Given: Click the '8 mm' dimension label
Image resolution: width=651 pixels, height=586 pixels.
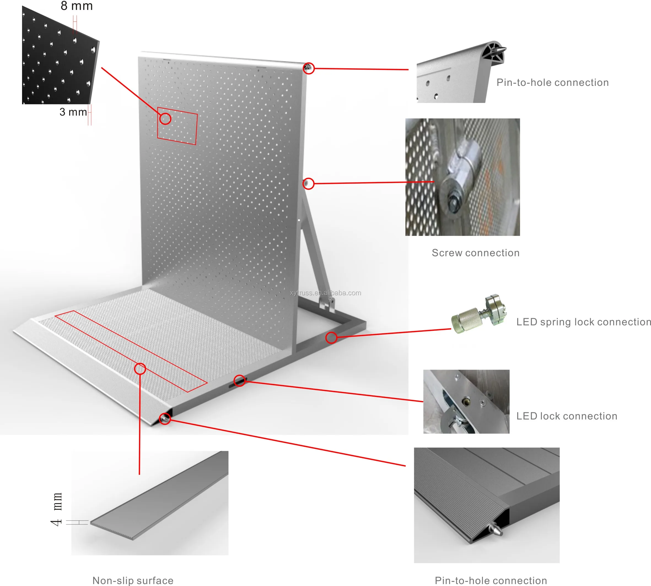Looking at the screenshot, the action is pos(76,6).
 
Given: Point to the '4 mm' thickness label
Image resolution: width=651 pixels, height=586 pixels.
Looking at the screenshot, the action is pos(57,509).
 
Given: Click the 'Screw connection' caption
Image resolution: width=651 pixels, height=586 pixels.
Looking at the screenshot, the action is pos(475,253).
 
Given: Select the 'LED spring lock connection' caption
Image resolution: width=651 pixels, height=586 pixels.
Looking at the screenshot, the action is pos(583,322).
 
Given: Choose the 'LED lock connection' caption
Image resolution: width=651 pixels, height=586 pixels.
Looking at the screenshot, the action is pos(566,416).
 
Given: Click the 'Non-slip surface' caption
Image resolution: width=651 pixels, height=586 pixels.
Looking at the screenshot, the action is pos(133,580).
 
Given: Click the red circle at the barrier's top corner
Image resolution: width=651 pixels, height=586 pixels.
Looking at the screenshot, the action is pos(309,68).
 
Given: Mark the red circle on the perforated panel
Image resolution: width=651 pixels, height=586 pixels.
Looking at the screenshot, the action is pos(165,118).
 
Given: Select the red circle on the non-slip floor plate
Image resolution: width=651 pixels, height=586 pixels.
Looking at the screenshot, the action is pos(140,369).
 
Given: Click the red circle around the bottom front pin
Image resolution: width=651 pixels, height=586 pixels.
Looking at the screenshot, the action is pos(165,419).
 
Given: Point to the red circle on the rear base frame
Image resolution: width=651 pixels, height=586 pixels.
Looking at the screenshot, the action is pos(331,337).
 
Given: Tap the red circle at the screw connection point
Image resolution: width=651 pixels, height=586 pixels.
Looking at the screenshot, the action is pos(308,184).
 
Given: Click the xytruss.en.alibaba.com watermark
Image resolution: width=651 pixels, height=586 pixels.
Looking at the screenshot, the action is pos(325,293).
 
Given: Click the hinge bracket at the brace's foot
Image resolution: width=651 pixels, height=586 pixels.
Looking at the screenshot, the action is pos(326,304).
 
